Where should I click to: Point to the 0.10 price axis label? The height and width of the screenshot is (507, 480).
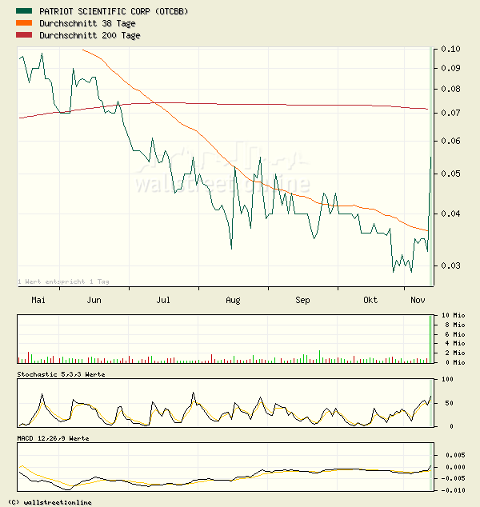click(x=450, y=49)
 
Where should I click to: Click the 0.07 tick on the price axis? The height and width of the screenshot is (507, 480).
click(x=450, y=113)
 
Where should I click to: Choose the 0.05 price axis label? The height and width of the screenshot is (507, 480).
click(x=450, y=174)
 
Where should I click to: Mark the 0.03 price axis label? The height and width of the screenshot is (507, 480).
click(x=450, y=265)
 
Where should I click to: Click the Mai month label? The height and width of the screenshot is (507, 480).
click(x=38, y=300)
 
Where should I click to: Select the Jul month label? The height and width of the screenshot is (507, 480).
click(x=163, y=300)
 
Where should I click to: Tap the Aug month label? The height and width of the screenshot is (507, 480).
click(x=233, y=300)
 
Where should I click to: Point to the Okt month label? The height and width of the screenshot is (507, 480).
click(x=370, y=300)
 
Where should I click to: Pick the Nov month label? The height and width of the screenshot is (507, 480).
click(x=417, y=300)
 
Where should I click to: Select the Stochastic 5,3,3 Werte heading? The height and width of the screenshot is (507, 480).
click(x=61, y=374)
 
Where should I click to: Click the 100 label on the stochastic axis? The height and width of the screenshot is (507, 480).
click(x=446, y=379)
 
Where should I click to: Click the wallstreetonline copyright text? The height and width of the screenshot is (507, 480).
click(x=48, y=502)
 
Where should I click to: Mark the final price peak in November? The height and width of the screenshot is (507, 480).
click(x=431, y=157)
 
